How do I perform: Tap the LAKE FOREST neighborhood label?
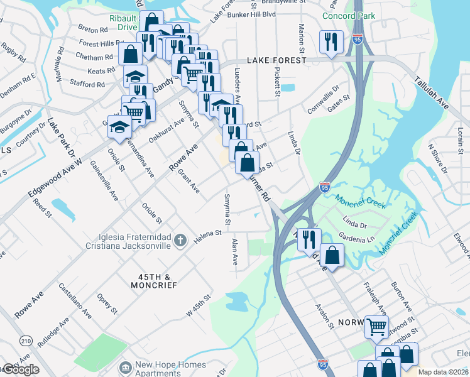[276, 60]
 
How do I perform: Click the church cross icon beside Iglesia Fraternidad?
[180, 240]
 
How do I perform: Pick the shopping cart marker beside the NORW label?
[376, 326]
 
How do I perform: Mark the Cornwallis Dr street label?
[323, 100]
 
